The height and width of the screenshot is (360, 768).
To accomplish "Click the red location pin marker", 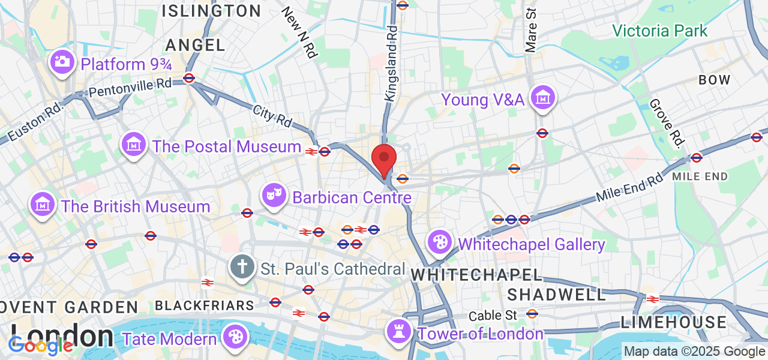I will tap(384, 159).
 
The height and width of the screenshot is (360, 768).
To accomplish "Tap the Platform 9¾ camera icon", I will tap(62, 62).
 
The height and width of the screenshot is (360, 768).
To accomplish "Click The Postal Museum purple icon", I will tap(134, 144).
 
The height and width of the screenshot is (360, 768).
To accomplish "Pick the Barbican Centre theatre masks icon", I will tap(274, 194).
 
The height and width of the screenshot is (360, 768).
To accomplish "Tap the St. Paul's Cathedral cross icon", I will tap(242, 266).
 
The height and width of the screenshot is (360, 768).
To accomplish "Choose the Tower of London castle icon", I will tap(399, 331).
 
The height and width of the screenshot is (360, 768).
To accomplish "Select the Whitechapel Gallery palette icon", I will tap(440, 242).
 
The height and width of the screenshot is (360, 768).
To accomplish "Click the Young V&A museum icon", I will tap(543, 97).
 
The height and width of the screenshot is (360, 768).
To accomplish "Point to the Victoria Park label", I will tap(660, 31).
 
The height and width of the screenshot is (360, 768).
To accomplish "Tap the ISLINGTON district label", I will tap(212, 11).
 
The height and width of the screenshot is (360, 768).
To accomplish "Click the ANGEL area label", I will tap(196, 45).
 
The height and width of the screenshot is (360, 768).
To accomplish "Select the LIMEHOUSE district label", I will tap(674, 322).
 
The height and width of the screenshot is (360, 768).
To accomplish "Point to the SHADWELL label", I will tap(557, 295).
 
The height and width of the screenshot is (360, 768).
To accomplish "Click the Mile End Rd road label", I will tap(629, 188).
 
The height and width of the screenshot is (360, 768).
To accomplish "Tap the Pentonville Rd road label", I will tap(130, 87).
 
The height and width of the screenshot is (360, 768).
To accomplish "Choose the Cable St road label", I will tap(493, 315).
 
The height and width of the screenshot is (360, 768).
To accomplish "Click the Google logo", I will tap(41, 346).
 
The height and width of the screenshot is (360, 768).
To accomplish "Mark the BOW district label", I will tap(715, 80).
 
